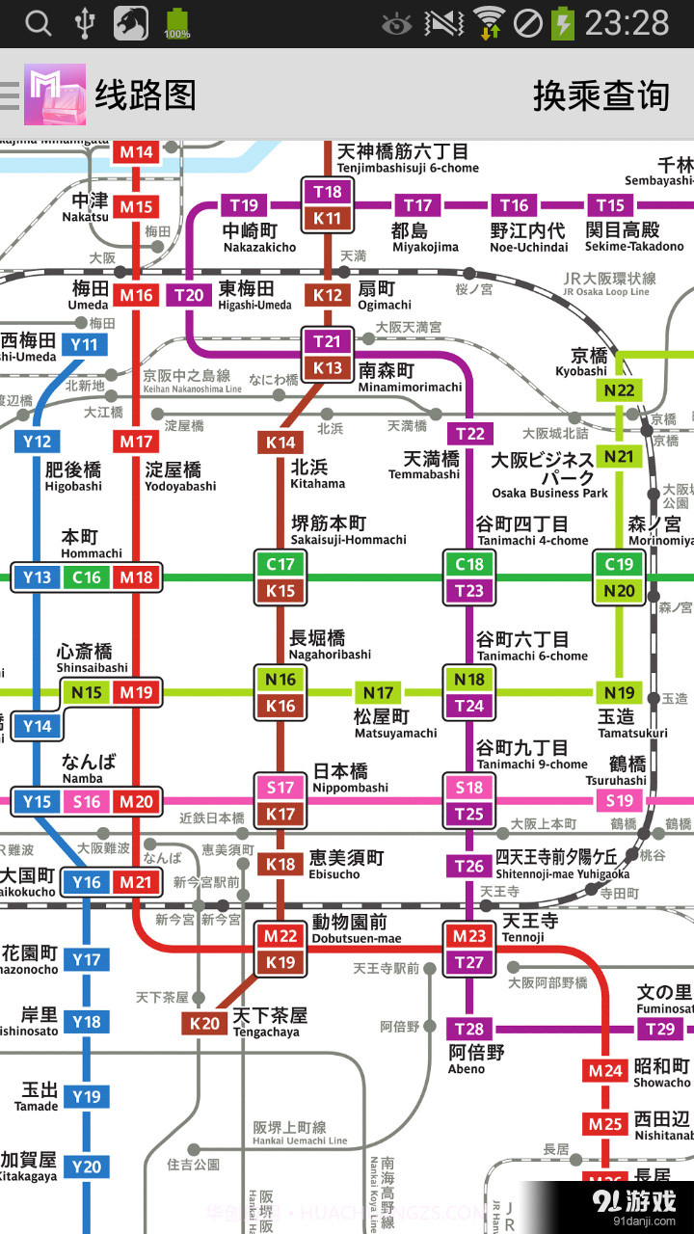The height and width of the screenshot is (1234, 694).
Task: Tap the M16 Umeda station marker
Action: (137, 295)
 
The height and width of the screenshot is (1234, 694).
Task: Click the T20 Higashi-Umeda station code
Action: (190, 295)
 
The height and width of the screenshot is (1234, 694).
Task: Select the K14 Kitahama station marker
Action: (280, 443)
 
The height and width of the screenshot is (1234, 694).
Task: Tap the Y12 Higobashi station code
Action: (37, 442)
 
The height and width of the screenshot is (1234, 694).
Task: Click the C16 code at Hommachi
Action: (87, 577)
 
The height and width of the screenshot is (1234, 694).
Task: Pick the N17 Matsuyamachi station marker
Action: (378, 692)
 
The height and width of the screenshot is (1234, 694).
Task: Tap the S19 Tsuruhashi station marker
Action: (619, 800)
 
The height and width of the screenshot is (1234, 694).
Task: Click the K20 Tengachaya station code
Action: (204, 1023)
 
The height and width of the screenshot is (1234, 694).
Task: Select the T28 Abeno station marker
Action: (469, 1029)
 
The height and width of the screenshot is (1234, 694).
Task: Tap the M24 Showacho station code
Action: (606, 1070)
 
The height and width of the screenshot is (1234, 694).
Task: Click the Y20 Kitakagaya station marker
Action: (86, 1167)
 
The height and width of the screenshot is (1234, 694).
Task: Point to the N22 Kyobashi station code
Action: (619, 390)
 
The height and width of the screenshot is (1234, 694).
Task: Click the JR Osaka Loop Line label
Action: (609, 284)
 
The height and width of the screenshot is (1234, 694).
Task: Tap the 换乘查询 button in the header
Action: (601, 95)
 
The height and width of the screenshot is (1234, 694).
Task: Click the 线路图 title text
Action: (145, 95)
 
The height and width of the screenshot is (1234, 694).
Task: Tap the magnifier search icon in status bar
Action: (38, 22)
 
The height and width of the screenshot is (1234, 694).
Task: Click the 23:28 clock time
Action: (627, 22)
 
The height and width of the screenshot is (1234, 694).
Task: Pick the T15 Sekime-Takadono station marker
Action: (610, 204)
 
